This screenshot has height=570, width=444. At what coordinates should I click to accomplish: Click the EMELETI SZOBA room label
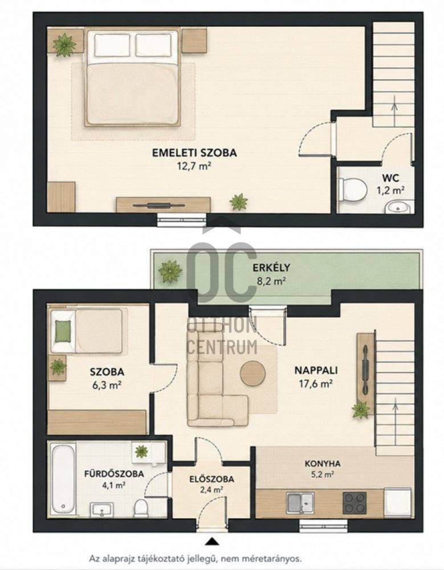click(194, 152)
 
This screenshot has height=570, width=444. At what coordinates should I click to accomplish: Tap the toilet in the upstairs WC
click(352, 190)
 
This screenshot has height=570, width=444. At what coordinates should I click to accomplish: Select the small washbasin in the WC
click(398, 207)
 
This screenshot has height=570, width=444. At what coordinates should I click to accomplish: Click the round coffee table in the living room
click(253, 373)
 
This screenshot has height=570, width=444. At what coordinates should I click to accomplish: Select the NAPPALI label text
click(316, 370)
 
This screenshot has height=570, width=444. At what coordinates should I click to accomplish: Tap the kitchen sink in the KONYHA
click(300, 503)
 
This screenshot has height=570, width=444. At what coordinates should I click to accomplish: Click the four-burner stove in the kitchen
click(354, 503)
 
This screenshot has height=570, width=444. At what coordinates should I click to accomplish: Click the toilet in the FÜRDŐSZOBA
click(141, 508)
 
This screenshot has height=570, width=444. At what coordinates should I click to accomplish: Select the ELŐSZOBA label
click(211, 479)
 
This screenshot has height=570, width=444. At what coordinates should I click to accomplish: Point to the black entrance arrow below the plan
click(211, 541)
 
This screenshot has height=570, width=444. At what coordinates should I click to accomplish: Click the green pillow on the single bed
click(63, 332)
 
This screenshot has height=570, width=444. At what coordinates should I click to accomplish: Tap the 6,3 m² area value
click(107, 385)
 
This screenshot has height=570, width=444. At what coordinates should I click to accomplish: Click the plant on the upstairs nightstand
click(64, 44)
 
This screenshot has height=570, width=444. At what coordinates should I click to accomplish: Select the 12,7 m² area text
click(194, 166)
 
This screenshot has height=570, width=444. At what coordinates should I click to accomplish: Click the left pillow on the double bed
click(112, 44)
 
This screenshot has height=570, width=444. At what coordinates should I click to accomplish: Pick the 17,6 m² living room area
click(316, 384)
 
